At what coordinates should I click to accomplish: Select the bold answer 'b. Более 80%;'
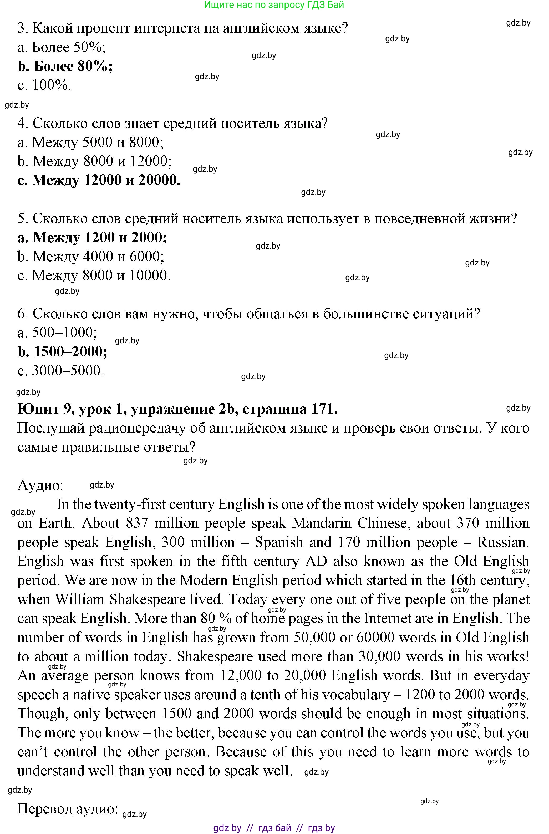(x=65, y=66)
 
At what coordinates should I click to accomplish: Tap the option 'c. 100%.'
(x=44, y=85)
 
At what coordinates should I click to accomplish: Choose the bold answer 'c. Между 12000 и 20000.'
(x=99, y=180)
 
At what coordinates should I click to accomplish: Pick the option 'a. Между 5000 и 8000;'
(x=91, y=142)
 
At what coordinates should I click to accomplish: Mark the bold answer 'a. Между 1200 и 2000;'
(x=92, y=238)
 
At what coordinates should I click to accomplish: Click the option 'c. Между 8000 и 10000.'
(x=94, y=275)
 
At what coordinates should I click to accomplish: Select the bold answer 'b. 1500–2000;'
(x=62, y=351)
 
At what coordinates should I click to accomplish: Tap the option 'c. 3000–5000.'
(x=61, y=371)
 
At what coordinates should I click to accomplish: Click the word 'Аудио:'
(x=40, y=485)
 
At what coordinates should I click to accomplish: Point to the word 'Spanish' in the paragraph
(x=279, y=542)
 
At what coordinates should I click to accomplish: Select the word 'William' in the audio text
(x=80, y=599)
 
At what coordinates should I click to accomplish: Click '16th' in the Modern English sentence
(x=463, y=580)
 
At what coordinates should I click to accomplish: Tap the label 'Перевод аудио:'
(x=68, y=808)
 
